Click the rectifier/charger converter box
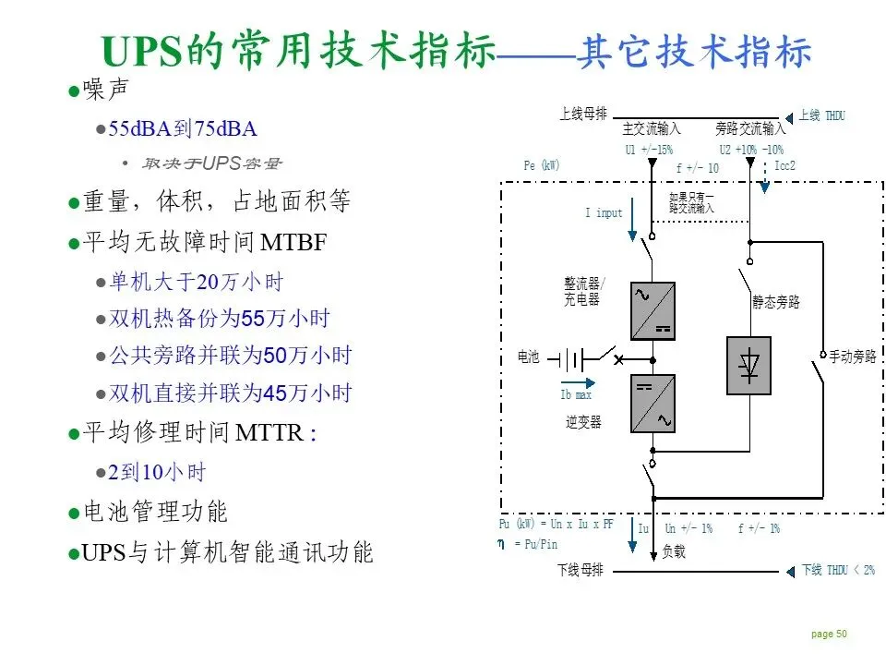point(653,311)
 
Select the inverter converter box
point(653,404)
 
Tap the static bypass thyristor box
point(748,366)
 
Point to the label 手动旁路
point(853,357)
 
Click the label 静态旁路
point(776,302)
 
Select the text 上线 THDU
point(821,115)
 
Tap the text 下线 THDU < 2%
point(837,570)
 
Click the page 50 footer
point(829,634)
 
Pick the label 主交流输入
point(652,130)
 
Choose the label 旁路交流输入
point(750,130)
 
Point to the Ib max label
point(576,395)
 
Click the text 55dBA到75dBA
point(183,128)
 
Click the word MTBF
point(294,243)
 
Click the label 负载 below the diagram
point(674,552)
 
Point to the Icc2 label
point(784,166)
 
